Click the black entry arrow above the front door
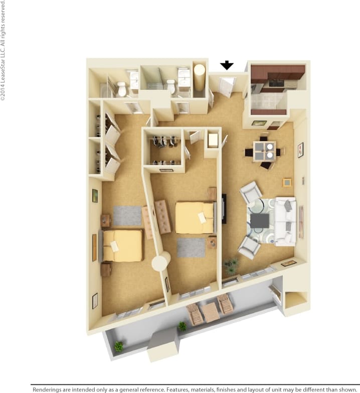pyautogui.click(x=227, y=65)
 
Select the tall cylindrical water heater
pyautogui.click(x=200, y=77)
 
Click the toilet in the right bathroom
pyautogui.click(x=171, y=86)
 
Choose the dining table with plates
pyautogui.click(x=264, y=151)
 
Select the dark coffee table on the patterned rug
pyautogui.click(x=260, y=221)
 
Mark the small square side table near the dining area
pyautogui.click(x=287, y=182)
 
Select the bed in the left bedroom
pyautogui.click(x=122, y=245)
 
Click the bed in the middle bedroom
pyautogui.click(x=195, y=217)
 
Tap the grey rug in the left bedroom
pyautogui.click(x=127, y=215)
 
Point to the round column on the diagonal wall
pyautogui.click(x=161, y=261)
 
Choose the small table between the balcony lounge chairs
pyautogui.click(x=211, y=312)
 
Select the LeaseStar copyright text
pyautogui.click(x=4, y=50)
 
